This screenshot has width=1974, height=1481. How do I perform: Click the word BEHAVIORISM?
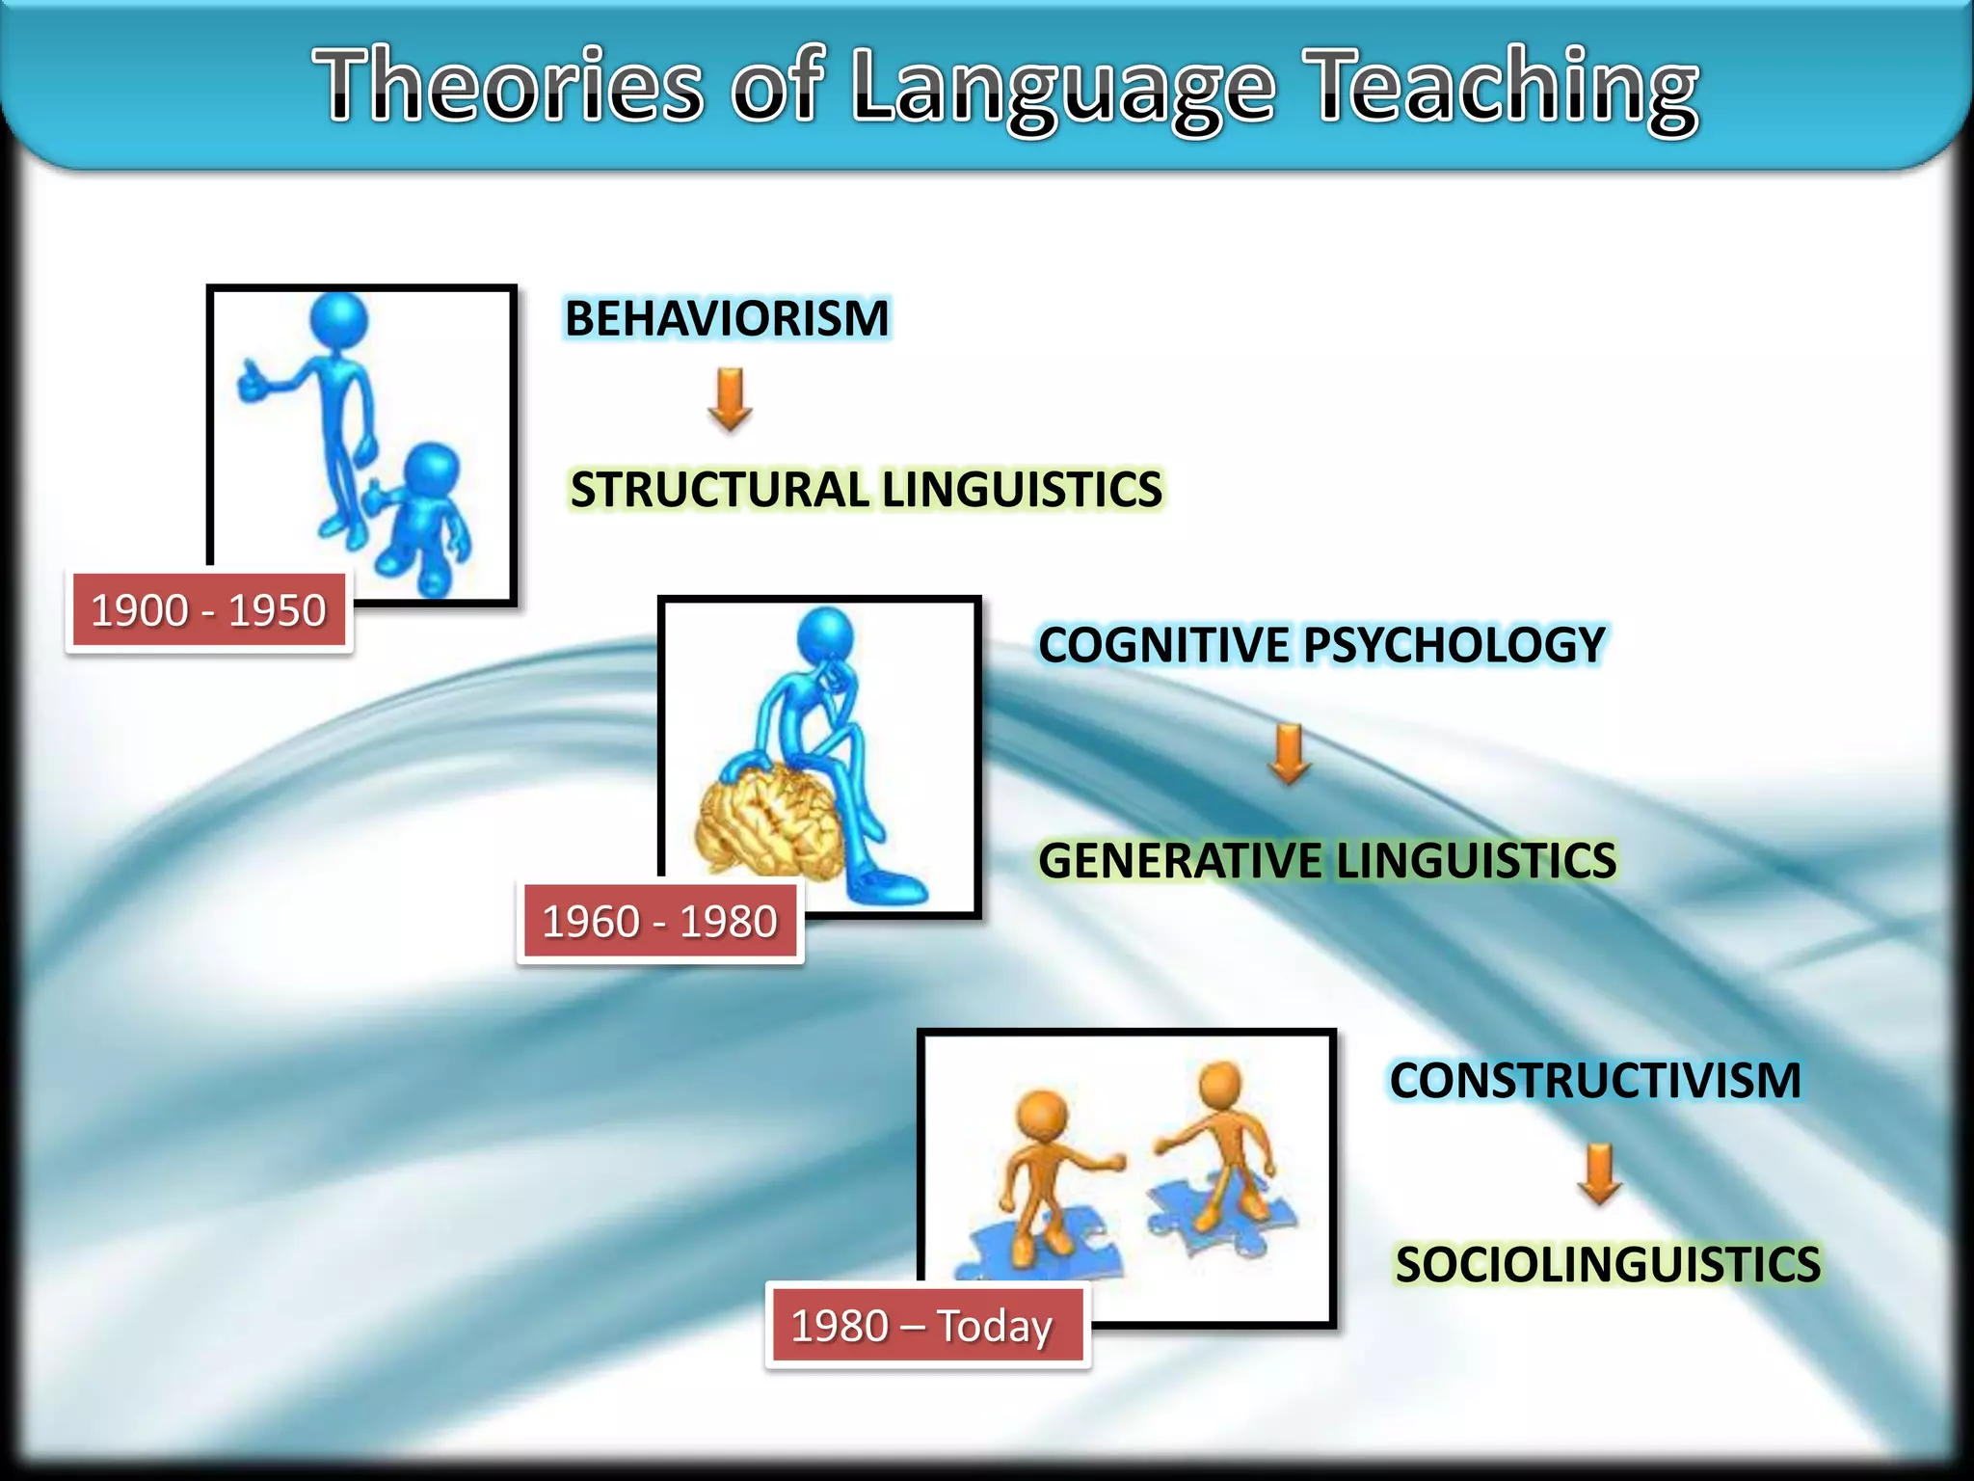[x=727, y=319]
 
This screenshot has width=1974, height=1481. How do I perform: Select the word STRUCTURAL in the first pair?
[x=719, y=490]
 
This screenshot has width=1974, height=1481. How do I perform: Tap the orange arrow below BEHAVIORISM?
[x=730, y=398]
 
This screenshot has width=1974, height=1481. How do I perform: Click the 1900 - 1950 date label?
[x=209, y=611]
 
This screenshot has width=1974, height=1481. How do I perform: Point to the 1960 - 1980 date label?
[x=660, y=922]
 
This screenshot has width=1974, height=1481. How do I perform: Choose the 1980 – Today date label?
[x=922, y=1326]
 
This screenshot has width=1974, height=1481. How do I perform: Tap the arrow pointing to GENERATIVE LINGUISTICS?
[x=1289, y=753]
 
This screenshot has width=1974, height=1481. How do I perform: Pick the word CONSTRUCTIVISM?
[x=1595, y=1080]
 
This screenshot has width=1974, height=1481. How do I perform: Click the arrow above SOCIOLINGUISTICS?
[x=1600, y=1173]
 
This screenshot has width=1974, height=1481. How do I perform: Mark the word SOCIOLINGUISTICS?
[x=1608, y=1265]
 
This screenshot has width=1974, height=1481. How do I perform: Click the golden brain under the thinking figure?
[x=766, y=820]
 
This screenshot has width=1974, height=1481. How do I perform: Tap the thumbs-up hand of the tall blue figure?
[x=253, y=383]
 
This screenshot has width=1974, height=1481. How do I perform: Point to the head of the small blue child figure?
[x=430, y=470]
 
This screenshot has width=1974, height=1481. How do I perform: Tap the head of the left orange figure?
[x=1042, y=1116]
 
